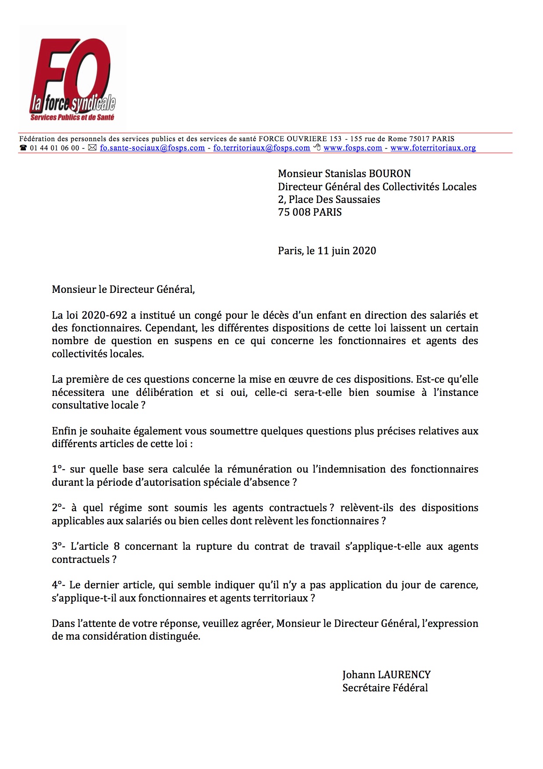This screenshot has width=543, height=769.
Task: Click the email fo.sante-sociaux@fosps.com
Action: point(152,148)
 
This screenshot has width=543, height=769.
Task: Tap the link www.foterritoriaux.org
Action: point(433,148)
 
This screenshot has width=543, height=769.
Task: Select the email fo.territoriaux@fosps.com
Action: point(262,148)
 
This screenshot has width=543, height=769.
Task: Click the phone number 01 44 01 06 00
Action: point(54,148)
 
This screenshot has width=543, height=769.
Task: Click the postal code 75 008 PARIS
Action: point(309,212)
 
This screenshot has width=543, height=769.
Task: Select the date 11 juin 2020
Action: point(347,251)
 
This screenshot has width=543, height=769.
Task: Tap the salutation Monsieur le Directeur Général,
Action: point(123,289)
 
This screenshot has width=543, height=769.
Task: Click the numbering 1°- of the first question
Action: point(58,469)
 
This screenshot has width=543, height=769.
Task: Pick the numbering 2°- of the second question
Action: point(58,508)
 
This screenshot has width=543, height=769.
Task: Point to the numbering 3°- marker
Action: point(58,546)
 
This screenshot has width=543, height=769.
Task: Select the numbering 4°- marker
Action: point(58,585)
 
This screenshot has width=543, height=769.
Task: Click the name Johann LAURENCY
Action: point(386,675)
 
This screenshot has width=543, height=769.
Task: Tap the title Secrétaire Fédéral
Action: point(385,688)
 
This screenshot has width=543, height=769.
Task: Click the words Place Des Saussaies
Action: point(334,199)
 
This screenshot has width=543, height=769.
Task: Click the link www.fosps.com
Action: point(352,148)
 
